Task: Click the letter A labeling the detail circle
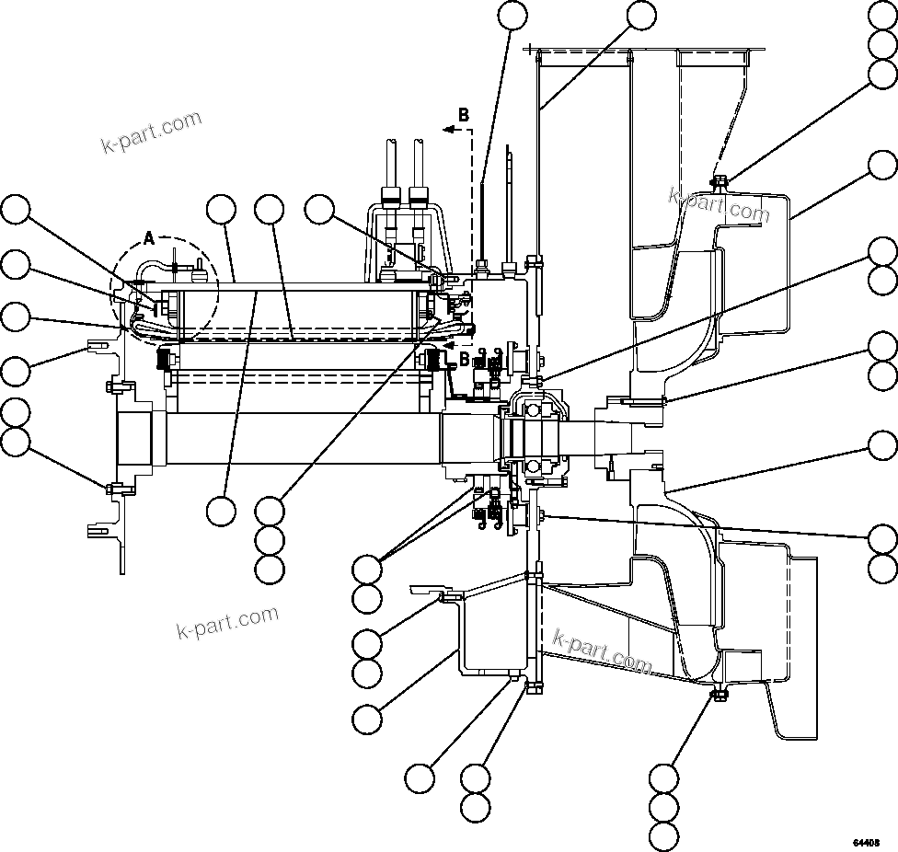(149, 239)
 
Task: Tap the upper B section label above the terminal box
(464, 115)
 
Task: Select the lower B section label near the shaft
(464, 357)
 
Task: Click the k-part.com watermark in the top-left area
(151, 132)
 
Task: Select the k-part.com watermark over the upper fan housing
(719, 204)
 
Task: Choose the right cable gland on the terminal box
(419, 195)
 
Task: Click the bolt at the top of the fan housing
(719, 181)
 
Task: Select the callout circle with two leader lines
(368, 569)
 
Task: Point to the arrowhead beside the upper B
(446, 131)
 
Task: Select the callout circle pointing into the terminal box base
(320, 210)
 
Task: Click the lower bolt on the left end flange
(110, 488)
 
